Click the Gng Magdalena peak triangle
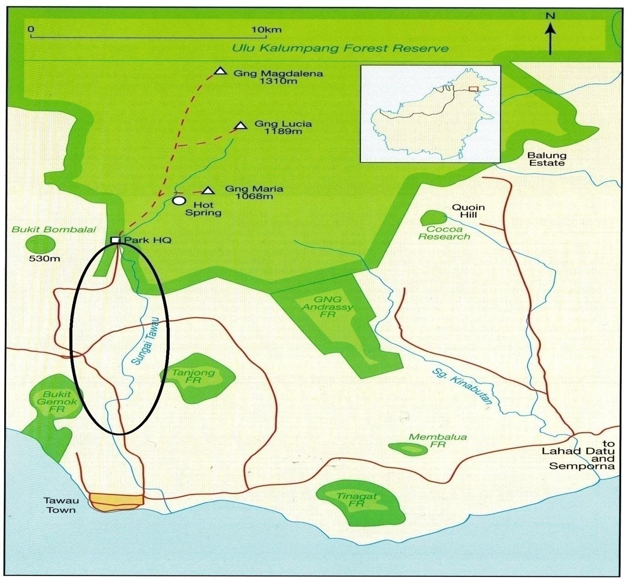[x=221, y=71]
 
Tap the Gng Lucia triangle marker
[x=240, y=125]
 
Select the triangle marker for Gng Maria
[x=208, y=190]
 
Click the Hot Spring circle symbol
[x=179, y=201]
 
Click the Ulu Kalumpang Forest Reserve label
[x=340, y=48]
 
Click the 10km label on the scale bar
[x=266, y=30]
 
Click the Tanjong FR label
[x=193, y=376]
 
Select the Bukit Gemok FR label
[x=57, y=401]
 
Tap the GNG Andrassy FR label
[x=327, y=307]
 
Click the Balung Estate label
[x=547, y=159]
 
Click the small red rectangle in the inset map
[x=473, y=90]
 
